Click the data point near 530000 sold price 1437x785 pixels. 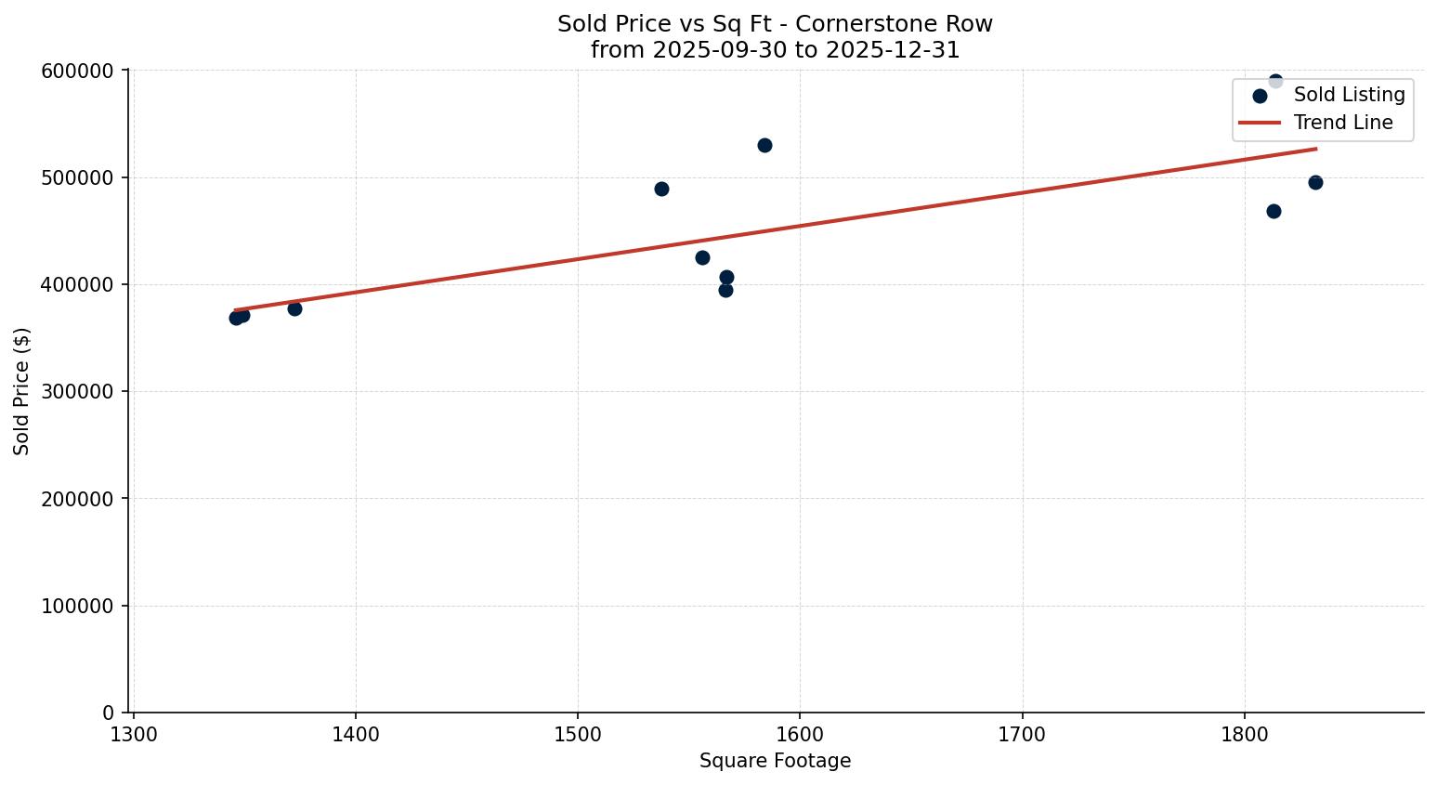[764, 145]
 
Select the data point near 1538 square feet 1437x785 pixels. [661, 189]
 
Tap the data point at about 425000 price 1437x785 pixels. [702, 257]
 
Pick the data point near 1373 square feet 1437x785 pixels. [294, 308]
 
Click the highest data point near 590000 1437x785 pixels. [1275, 81]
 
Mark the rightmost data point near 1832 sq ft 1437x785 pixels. [1315, 182]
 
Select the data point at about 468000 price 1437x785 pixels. [1274, 211]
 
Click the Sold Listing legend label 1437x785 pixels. [1349, 95]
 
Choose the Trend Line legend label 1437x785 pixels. [1343, 123]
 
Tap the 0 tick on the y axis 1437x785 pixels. [108, 713]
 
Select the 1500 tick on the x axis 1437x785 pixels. [578, 734]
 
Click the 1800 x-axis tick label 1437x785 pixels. [1245, 734]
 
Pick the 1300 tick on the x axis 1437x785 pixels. [134, 734]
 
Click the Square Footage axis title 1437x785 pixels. [775, 762]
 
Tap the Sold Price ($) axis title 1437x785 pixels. [22, 391]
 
